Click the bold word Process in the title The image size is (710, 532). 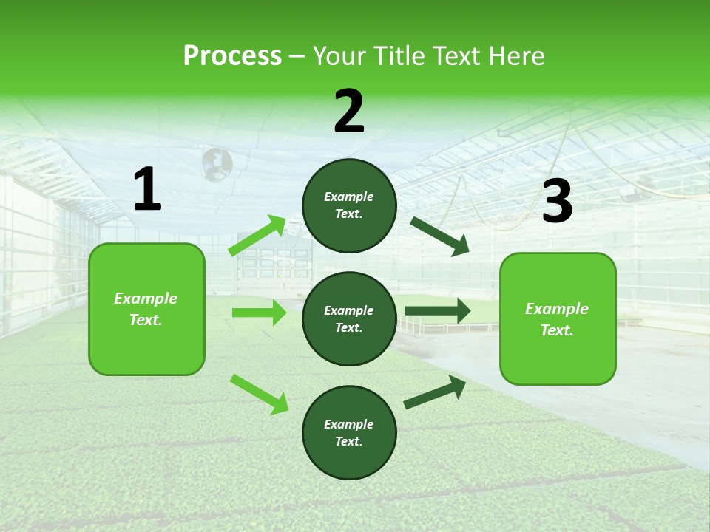[x=232, y=56]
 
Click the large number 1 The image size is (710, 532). [x=147, y=190]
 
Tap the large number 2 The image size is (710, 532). [x=349, y=112]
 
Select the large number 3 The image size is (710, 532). [x=557, y=202]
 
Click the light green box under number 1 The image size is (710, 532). [x=146, y=309]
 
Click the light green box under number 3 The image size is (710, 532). [x=558, y=319]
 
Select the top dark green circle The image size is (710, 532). [x=349, y=205]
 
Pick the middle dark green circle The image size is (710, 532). [x=349, y=318]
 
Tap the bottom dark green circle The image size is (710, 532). [x=349, y=432]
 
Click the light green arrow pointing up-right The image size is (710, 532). [x=257, y=236]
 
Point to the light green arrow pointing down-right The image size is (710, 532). [x=259, y=394]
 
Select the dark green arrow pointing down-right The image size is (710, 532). [x=439, y=236]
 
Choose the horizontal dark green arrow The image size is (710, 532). [x=438, y=310]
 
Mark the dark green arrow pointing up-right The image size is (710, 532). [x=436, y=392]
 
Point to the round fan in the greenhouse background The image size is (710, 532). [x=217, y=163]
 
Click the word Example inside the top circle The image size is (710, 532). [x=349, y=197]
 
